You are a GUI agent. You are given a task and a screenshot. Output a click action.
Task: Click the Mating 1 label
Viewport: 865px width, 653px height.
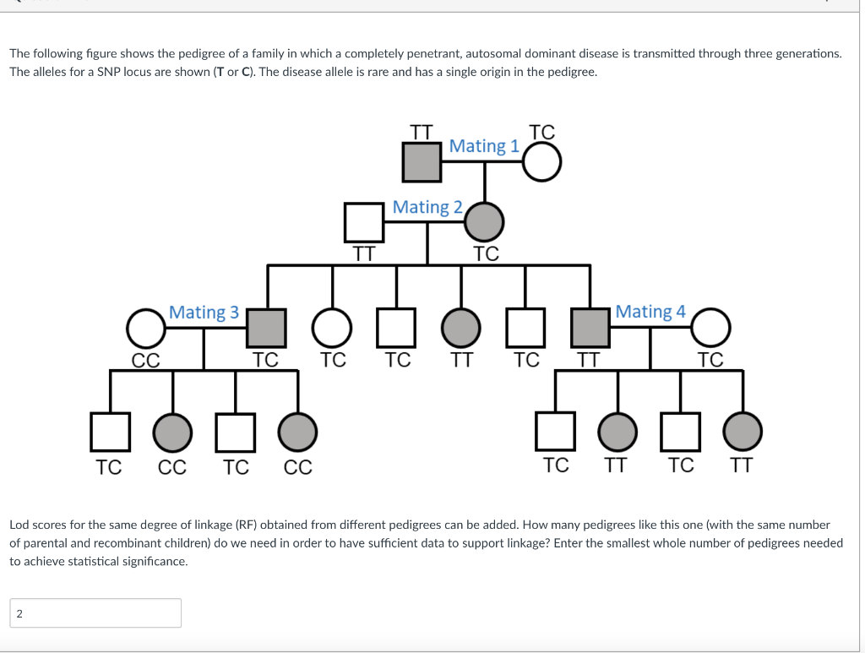tap(484, 146)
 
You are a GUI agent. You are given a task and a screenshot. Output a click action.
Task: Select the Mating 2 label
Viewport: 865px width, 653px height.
tap(427, 207)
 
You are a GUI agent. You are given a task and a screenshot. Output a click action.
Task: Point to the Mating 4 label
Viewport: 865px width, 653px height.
tap(650, 312)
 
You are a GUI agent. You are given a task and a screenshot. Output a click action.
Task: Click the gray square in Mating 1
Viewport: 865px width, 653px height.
tap(422, 161)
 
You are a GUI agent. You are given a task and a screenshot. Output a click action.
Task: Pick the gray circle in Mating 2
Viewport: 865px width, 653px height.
tap(484, 222)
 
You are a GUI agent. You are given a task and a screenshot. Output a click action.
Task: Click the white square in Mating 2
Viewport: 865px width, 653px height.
tap(364, 222)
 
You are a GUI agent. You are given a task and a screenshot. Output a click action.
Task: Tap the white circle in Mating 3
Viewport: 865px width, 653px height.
tap(146, 328)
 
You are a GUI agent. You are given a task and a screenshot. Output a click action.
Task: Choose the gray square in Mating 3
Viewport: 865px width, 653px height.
tap(267, 328)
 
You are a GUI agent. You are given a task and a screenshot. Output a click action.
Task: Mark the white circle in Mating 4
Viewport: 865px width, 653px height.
tap(711, 328)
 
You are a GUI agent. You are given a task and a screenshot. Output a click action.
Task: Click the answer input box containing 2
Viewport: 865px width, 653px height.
tap(95, 613)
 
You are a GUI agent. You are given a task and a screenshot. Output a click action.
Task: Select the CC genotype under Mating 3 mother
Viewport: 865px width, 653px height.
tap(145, 361)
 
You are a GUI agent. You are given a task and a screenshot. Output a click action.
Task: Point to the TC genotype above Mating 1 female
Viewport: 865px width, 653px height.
tap(541, 132)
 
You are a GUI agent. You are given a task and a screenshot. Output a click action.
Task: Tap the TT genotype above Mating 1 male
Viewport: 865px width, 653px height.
tap(421, 132)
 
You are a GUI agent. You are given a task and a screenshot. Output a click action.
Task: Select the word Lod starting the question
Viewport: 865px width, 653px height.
tap(19, 525)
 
